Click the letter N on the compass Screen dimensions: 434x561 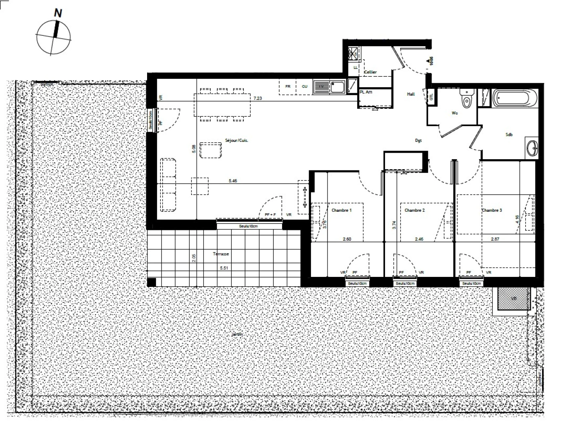click(58, 13)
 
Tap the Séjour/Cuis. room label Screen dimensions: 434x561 click(237, 141)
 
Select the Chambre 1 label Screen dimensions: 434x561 click(342, 210)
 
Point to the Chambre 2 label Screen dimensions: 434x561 click(415, 210)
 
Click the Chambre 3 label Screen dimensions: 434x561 click(492, 210)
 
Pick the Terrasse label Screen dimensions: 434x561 click(221, 254)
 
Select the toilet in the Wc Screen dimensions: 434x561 click(467, 100)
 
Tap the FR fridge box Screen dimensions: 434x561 click(288, 86)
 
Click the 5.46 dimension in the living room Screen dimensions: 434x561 click(233, 181)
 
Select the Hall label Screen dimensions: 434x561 click(411, 94)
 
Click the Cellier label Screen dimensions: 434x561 click(370, 72)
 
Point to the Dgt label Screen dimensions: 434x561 click(418, 140)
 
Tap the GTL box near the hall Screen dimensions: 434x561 click(432, 97)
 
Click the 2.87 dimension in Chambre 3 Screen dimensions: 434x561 click(495, 239)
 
